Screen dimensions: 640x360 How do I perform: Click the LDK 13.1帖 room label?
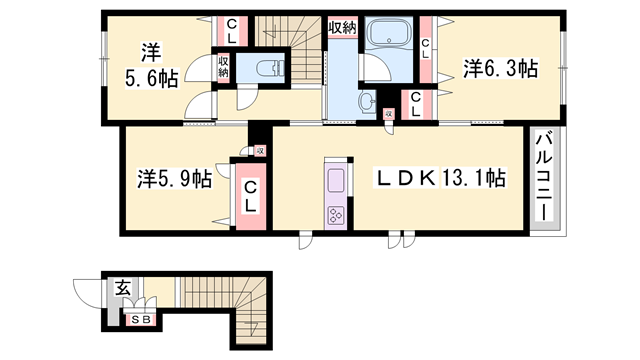(x=440, y=178)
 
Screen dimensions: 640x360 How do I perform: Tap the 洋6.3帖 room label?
(x=500, y=68)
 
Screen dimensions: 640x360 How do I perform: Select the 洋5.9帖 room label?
(x=174, y=179)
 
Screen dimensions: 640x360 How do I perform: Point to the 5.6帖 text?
(x=151, y=78)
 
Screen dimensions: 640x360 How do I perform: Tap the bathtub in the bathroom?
(x=389, y=33)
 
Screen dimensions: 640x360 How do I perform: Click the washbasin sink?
(x=368, y=100)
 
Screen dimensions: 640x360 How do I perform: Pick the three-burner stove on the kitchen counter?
(x=337, y=215)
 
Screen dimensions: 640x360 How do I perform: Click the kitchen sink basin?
(x=337, y=181)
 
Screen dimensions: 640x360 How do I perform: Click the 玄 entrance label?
(x=122, y=289)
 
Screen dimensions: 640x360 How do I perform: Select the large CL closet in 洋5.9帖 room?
(x=251, y=197)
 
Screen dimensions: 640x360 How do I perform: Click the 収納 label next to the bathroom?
(x=343, y=27)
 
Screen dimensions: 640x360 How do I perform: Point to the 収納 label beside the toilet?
(x=223, y=67)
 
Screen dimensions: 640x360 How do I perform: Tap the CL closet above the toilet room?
(x=232, y=31)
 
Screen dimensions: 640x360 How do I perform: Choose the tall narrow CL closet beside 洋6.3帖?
(x=426, y=49)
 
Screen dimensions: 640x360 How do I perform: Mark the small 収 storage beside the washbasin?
(x=389, y=114)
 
